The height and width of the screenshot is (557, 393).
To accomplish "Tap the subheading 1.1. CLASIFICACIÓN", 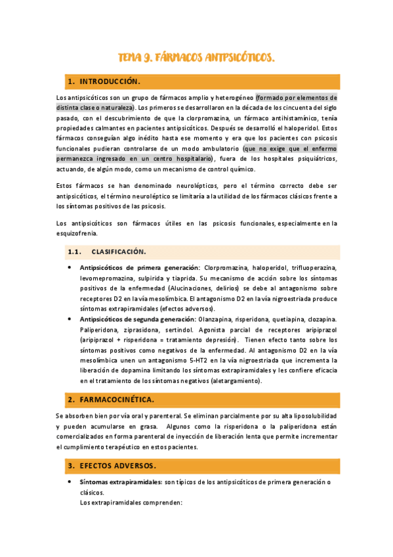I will point(118,252).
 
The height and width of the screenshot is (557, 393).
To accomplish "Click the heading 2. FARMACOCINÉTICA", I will point(111,399).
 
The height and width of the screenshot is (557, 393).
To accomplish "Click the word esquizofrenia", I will point(77,233).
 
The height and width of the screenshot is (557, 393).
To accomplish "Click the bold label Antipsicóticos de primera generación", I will point(140,268).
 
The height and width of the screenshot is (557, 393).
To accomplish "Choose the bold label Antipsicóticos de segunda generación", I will point(140,319).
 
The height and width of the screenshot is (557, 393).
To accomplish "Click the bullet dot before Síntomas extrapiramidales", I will point(70,483).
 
